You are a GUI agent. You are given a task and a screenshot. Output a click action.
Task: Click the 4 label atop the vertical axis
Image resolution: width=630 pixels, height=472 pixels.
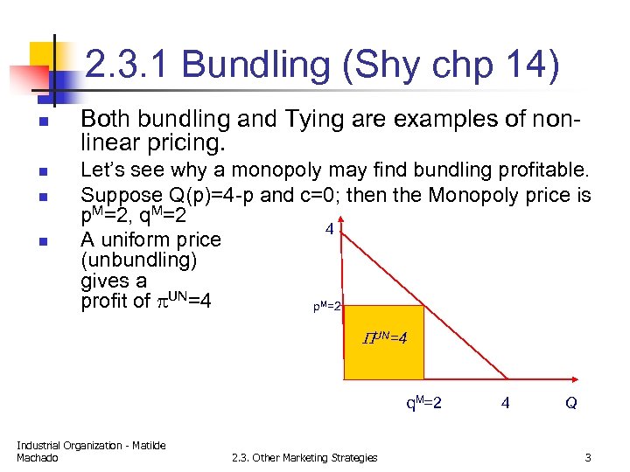(x=329, y=230)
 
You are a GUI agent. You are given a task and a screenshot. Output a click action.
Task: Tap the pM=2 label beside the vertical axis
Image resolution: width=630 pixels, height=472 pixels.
(x=327, y=307)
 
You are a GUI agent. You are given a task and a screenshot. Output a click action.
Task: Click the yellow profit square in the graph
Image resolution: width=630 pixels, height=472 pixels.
(x=385, y=358)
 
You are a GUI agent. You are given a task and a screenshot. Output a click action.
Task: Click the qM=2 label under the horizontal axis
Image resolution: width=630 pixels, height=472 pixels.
(x=423, y=404)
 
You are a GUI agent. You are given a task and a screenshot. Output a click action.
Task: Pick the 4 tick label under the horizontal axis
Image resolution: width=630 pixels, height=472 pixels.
(x=505, y=404)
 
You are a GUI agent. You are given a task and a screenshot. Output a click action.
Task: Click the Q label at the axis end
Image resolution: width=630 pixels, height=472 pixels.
(x=570, y=404)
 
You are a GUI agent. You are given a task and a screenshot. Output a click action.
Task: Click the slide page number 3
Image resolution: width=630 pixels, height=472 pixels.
(x=588, y=457)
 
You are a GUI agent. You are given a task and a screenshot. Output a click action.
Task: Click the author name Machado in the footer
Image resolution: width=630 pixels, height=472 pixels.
(x=37, y=458)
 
